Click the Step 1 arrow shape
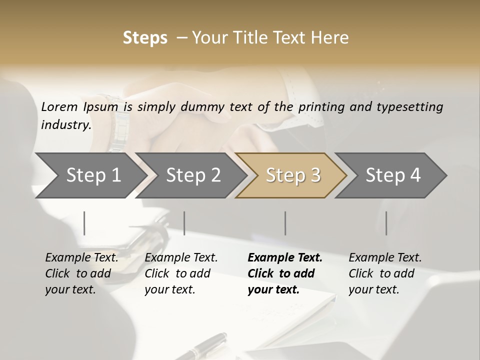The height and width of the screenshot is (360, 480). coord(90,175)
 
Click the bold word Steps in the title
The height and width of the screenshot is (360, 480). coord(145,38)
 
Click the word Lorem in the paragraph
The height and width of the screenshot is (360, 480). coord(59,106)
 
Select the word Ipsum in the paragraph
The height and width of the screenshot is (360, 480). coord(101,106)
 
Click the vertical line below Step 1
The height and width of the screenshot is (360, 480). coord(84,223)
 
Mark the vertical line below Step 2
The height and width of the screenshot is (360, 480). coord(184,223)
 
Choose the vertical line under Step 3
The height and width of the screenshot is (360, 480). coord(285,223)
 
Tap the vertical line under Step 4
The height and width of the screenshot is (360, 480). coord(386,223)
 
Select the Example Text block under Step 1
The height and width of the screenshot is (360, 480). coord(81,273)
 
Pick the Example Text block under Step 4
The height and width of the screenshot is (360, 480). coord(385,273)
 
